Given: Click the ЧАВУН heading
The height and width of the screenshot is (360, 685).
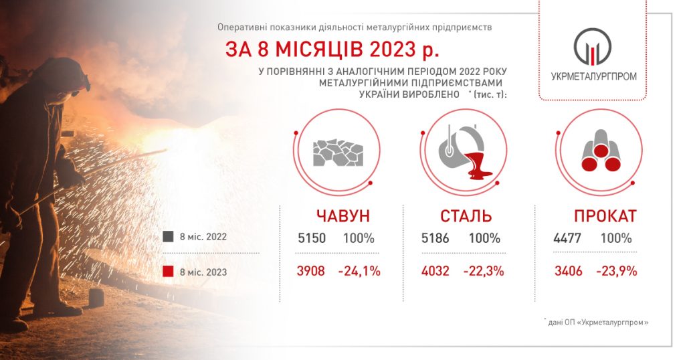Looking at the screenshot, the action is click(x=343, y=216).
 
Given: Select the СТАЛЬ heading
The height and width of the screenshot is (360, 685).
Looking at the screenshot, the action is click(x=466, y=216).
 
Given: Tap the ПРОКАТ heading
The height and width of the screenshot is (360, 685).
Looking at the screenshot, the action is click(x=605, y=216).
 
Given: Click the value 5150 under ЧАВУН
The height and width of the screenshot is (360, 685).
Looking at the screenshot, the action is click(x=312, y=238).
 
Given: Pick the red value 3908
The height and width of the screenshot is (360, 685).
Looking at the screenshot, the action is click(x=311, y=271).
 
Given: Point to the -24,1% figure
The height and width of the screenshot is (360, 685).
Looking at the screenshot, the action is click(x=359, y=271).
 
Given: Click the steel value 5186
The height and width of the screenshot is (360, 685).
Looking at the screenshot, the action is click(x=435, y=238).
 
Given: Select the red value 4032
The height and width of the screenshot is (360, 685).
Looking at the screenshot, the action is click(x=435, y=271).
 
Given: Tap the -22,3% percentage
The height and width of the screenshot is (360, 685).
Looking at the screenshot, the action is click(x=484, y=271).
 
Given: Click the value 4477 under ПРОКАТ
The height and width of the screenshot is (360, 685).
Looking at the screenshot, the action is click(x=567, y=238).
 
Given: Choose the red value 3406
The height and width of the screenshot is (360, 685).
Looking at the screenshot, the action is click(x=569, y=271).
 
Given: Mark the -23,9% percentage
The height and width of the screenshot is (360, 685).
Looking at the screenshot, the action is click(x=616, y=271).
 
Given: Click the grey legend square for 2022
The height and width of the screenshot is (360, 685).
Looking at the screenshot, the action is click(x=168, y=237).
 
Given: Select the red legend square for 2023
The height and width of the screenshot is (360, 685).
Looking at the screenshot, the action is click(x=168, y=272).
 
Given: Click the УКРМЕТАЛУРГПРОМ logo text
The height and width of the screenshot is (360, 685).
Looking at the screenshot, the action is click(x=594, y=76).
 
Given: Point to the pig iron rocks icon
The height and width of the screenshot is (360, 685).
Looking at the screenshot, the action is click(x=338, y=153).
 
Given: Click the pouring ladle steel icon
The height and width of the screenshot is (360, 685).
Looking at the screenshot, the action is click(x=465, y=153).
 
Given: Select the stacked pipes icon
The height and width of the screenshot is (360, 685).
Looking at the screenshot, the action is click(x=601, y=151).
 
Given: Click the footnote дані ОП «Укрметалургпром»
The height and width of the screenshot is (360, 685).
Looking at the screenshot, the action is click(x=597, y=323).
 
